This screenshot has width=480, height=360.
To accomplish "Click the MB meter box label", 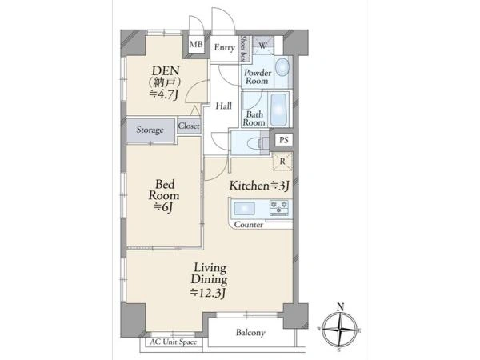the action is pyautogui.click(x=196, y=44).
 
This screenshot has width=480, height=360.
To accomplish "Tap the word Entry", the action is pyautogui.click(x=224, y=48).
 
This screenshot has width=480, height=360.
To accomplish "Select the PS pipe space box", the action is pyautogui.click(x=284, y=140).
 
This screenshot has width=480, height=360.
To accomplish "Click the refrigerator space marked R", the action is pyautogui.click(x=282, y=162).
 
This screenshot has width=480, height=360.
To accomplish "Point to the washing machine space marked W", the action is pyautogui.click(x=263, y=46).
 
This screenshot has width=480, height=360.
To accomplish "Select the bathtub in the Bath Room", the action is pyautogui.click(x=279, y=110).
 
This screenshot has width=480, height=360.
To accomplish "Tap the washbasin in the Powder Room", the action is pyautogui.click(x=282, y=67).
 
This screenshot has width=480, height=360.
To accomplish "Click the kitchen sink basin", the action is pyautogui.click(x=244, y=209).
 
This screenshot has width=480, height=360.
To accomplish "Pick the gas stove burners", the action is pyautogui.click(x=278, y=206).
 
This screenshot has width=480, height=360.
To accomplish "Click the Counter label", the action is pyautogui.click(x=249, y=225).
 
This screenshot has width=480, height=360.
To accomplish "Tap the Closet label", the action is pyautogui.click(x=189, y=126).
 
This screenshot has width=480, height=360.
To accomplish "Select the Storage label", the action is pyautogui.click(x=150, y=130).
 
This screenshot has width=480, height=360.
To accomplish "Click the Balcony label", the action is pyautogui.click(x=250, y=333).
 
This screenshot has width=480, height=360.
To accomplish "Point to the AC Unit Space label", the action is pyautogui.click(x=174, y=342).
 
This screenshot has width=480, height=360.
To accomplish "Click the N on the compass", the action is pyautogui.click(x=340, y=307).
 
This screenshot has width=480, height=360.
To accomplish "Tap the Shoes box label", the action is pyautogui.click(x=244, y=48).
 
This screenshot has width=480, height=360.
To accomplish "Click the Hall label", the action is pyautogui.click(x=223, y=106).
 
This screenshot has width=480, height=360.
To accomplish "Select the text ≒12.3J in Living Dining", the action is pyautogui.click(x=208, y=293).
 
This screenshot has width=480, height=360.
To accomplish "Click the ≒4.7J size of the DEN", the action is pyautogui.click(x=164, y=94).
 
